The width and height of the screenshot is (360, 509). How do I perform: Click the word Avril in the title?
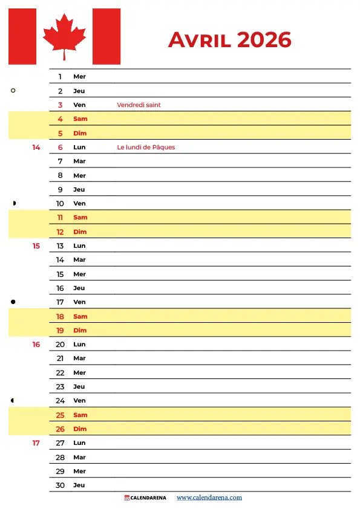(x=200, y=40)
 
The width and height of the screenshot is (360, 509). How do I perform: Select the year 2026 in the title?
(x=264, y=40)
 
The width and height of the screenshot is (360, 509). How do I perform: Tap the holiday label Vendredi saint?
(x=139, y=105)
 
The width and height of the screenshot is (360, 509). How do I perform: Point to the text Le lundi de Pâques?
(x=146, y=148)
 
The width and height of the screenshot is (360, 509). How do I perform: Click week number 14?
(x=36, y=148)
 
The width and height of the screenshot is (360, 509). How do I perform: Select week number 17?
(x=36, y=443)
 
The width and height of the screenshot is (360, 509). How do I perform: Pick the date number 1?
(x=61, y=77)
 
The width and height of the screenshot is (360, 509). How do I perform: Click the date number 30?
(x=60, y=485)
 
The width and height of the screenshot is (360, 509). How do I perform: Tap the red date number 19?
(x=60, y=331)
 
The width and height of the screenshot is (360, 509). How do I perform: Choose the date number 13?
(x=60, y=246)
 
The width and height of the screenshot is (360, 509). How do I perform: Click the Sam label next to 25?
(x=80, y=415)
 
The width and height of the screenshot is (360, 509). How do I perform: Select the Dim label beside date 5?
(x=80, y=134)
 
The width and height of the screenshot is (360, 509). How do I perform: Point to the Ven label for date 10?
(x=79, y=204)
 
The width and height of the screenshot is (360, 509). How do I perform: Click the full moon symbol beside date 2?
(x=13, y=91)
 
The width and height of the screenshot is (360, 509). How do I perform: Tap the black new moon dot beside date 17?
(x=13, y=301)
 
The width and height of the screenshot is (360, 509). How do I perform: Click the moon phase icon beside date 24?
(x=13, y=400)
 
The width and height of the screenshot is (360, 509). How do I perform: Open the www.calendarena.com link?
(x=209, y=498)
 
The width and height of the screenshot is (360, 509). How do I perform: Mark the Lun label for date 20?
(x=79, y=345)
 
